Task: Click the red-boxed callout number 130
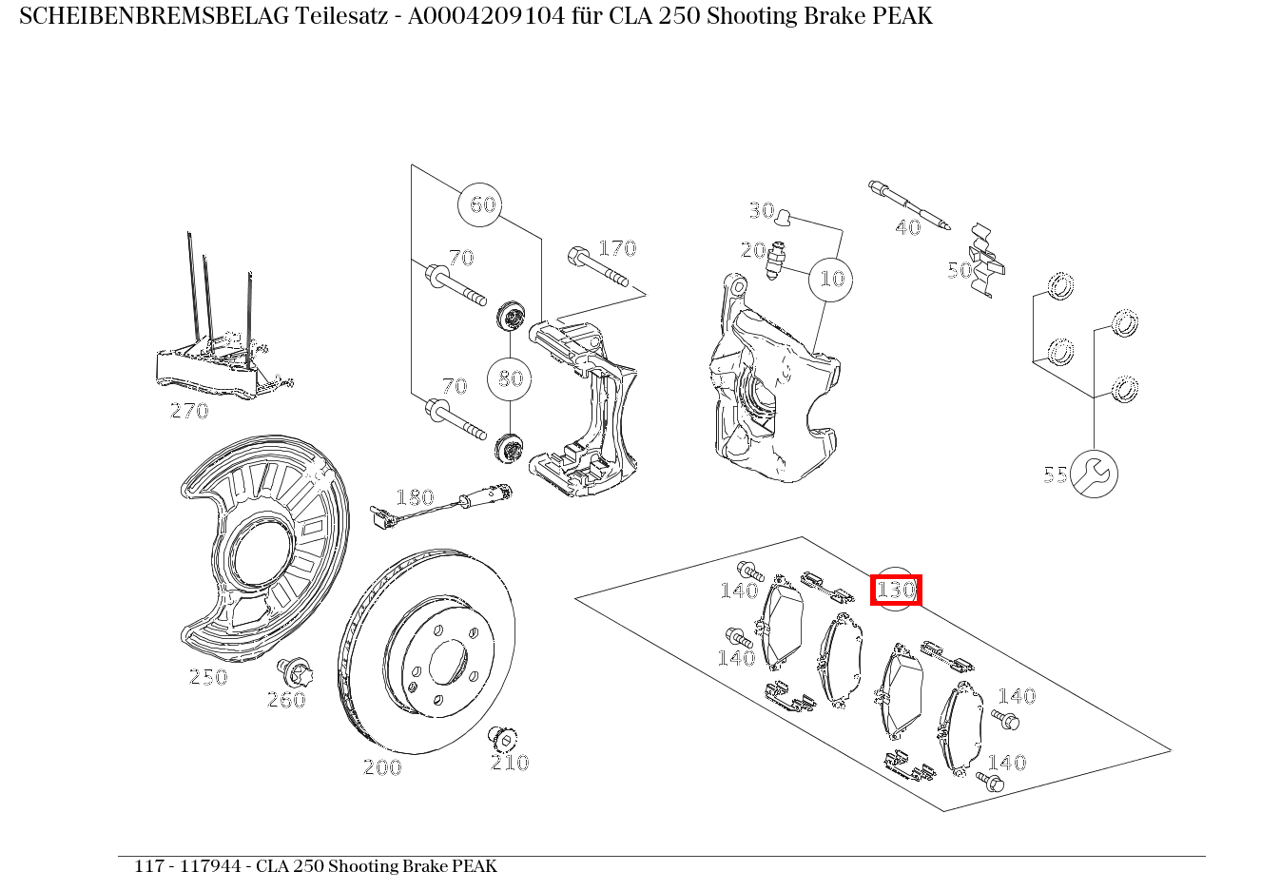pyautogui.click(x=896, y=590)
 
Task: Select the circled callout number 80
pyautogui.click(x=510, y=378)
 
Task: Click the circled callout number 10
pyautogui.click(x=830, y=280)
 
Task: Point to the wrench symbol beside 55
pyautogui.click(x=1094, y=474)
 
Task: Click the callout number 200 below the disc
pyautogui.click(x=383, y=767)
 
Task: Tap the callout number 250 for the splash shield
pyautogui.click(x=208, y=677)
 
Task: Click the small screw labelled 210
pyautogui.click(x=503, y=738)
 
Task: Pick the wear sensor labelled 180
pyautogui.click(x=441, y=506)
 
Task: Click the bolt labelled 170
pyautogui.click(x=598, y=266)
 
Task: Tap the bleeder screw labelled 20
pyautogui.click(x=776, y=260)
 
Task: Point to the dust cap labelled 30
pyautogui.click(x=783, y=217)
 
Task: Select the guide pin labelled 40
pyautogui.click(x=909, y=204)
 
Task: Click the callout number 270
pyautogui.click(x=189, y=411)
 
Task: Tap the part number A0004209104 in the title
pyautogui.click(x=486, y=16)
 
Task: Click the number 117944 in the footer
pyautogui.click(x=210, y=865)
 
